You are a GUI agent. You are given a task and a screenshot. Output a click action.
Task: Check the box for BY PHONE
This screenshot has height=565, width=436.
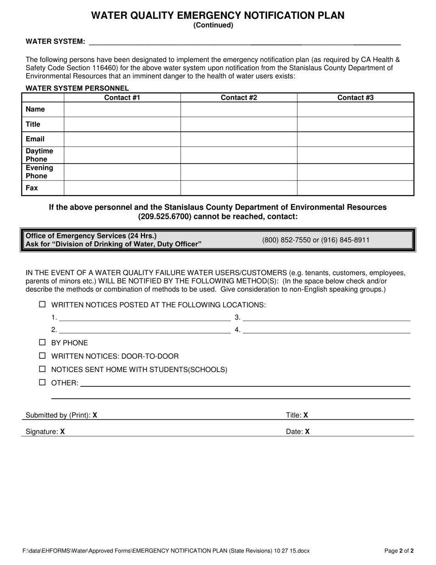point(43,342)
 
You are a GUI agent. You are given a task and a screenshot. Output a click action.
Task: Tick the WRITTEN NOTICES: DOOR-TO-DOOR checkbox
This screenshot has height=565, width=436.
point(43,356)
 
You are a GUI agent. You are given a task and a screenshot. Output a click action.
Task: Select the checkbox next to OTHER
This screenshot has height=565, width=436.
point(43,382)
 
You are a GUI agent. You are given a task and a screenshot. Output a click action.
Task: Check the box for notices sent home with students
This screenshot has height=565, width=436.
point(43,369)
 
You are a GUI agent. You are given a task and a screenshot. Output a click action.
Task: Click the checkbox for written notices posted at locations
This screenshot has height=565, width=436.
point(43,304)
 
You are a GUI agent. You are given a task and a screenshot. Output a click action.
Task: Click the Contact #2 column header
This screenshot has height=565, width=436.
point(239,97)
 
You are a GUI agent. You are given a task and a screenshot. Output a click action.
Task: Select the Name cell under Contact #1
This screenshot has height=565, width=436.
point(122,109)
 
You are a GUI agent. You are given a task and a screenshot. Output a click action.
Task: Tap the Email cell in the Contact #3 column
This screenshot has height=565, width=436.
point(355,139)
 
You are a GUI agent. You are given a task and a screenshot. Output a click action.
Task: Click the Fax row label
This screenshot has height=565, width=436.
point(32,188)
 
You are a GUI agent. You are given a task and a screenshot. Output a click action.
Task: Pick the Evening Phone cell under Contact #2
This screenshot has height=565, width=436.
point(239,172)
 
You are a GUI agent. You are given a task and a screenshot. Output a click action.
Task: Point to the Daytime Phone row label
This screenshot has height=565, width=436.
point(39,155)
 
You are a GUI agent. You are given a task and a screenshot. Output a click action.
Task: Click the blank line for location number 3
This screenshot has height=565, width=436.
point(326,317)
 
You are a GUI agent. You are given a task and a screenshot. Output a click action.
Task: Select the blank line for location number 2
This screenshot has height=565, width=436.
point(145,330)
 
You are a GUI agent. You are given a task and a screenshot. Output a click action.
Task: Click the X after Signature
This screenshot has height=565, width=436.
point(62,432)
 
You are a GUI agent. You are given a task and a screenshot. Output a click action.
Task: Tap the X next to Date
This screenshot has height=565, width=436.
point(307,432)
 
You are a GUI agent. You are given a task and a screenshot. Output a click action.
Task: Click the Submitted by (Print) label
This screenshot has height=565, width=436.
point(58,415)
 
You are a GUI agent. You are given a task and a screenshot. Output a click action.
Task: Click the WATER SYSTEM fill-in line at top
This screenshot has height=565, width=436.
point(244,42)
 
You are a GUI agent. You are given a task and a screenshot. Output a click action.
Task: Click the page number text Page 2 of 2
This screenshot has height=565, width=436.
point(399,550)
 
